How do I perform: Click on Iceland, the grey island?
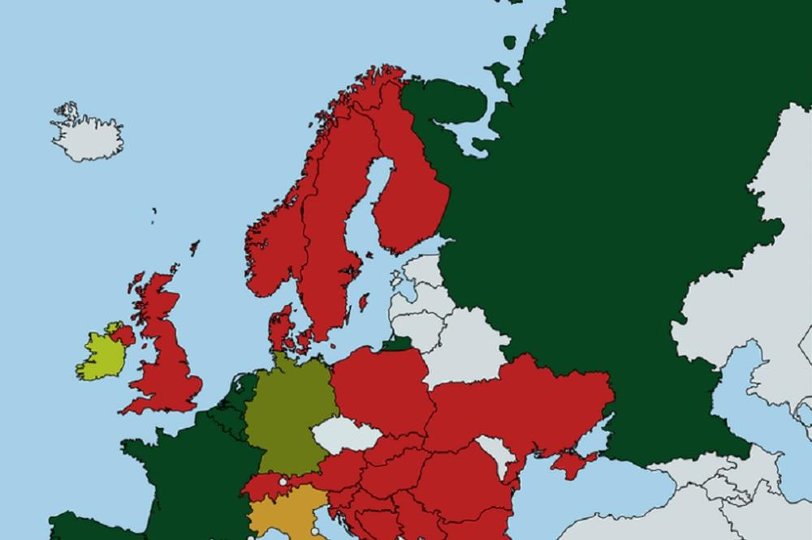tap(88, 135)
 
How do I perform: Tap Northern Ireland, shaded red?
tap(123, 334)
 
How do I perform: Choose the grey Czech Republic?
tap(346, 436)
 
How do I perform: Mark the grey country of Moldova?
tap(498, 452)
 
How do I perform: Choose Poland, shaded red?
tap(378, 389)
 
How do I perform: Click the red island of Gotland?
tap(363, 302)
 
